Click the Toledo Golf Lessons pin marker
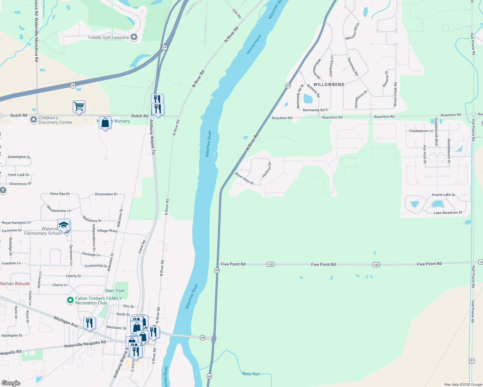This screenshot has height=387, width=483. coord(134,37)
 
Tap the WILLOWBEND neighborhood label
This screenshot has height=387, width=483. coord(329,84)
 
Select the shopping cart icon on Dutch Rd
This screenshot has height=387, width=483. coord(79,106)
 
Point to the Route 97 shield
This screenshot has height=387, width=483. coord(472,361)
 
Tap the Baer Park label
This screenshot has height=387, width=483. coord(115,291)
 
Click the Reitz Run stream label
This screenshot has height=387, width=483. coord(251,374)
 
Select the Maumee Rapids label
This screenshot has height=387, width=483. coord(254,45)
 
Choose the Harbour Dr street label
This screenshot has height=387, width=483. coord(267,170)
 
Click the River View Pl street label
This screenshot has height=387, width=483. coord(244,179)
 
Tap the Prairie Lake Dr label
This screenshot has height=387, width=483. coord(444,195)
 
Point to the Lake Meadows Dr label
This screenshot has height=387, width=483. coord(448,213)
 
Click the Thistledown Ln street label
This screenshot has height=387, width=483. coord(421,131)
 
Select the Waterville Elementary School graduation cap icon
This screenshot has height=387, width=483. coord(64,225)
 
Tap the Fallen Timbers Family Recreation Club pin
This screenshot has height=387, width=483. coord(70,301)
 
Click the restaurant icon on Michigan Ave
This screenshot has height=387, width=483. coord(89,323)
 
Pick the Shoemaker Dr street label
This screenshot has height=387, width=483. coord(106,194)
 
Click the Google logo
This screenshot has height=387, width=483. coord(11,383)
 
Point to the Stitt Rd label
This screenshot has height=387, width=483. coord(237,14)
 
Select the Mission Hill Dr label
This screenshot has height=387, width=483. coord(353,32)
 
